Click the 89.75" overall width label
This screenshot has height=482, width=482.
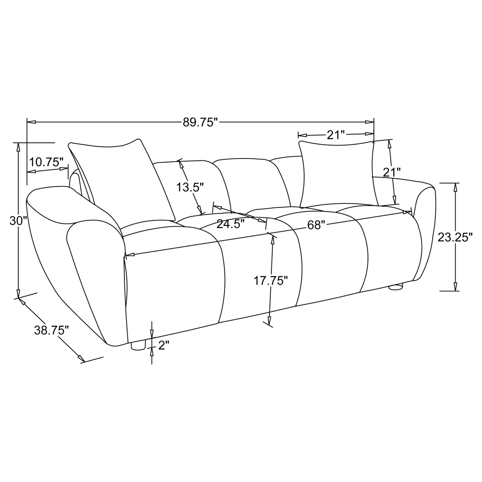click(200, 122)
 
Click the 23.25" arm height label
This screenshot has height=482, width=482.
click(455, 237)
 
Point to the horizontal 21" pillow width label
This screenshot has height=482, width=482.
click(335, 135)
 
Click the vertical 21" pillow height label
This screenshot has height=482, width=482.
click(391, 172)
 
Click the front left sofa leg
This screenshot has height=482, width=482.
click(138, 346)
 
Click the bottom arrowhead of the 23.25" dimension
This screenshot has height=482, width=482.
click(455, 287)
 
